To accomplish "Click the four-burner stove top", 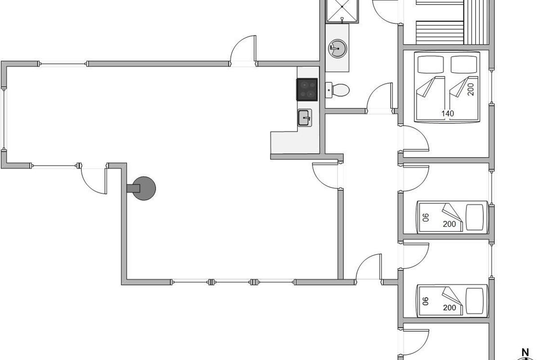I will (307, 89).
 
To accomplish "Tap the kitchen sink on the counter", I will (305, 117).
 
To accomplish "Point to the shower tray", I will (343, 10).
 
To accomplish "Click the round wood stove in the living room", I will (145, 188).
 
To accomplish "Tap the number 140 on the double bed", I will (448, 114).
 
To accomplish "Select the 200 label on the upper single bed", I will (450, 224).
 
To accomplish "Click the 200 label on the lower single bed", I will (450, 308).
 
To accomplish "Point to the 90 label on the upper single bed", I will (426, 217).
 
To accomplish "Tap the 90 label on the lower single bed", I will (426, 301).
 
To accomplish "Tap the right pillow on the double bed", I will (463, 64).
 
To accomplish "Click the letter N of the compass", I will (524, 352).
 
